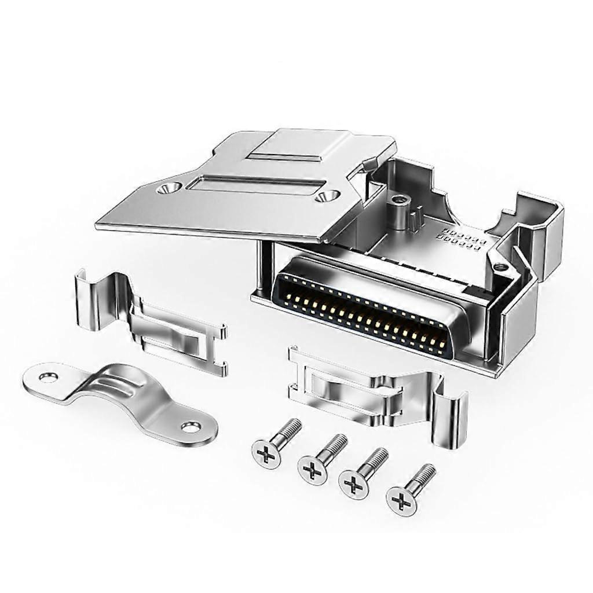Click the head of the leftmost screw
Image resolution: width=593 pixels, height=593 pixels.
[x=266, y=453]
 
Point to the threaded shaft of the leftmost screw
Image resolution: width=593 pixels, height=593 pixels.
[x=287, y=431]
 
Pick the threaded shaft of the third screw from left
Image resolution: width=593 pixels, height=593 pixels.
[x=372, y=461]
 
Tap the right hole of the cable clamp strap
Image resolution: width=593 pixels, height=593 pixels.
[x=189, y=428]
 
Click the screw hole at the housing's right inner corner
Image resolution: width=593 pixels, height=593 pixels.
[x=499, y=267]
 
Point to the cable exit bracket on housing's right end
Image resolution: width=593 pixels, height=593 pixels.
[x=536, y=232]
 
